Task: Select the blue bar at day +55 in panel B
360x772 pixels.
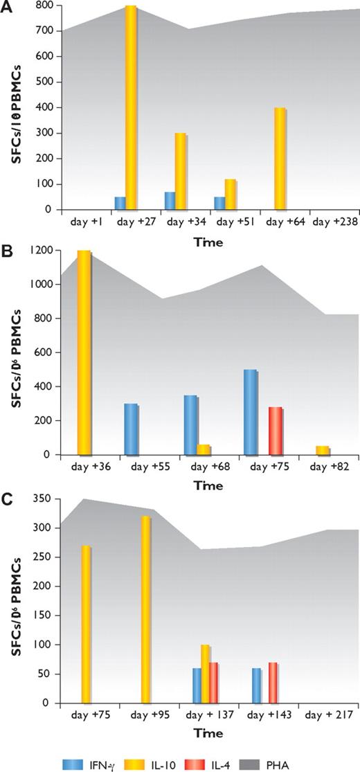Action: pos(130,430)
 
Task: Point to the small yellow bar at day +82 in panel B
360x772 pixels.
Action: pos(303,451)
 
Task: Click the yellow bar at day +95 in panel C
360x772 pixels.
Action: pos(145,609)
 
